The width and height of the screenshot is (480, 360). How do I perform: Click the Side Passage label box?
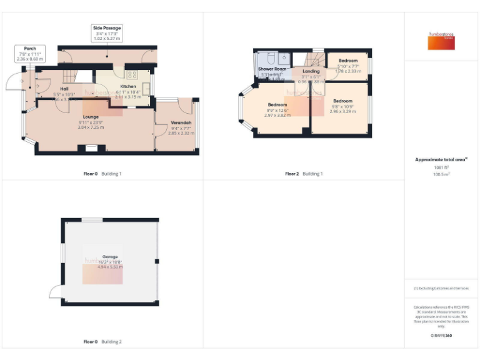(x=107, y=33)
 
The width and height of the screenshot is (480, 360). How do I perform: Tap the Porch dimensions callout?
(x=30, y=53)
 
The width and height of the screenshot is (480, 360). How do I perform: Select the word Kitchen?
(x=128, y=86)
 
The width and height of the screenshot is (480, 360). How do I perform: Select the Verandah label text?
(x=181, y=122)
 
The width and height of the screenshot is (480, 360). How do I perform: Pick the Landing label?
(x=311, y=71)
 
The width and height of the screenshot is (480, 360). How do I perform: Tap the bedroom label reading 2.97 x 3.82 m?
(x=277, y=109)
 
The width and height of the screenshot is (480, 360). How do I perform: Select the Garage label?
(x=110, y=257)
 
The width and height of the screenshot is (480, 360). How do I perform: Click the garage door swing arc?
(x=55, y=291)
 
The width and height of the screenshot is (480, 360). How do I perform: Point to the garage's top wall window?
(x=92, y=219)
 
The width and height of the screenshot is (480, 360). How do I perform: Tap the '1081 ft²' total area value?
(x=441, y=167)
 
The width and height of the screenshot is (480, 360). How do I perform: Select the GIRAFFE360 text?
(x=441, y=336)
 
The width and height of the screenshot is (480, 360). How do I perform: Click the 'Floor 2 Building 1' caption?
(x=304, y=173)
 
